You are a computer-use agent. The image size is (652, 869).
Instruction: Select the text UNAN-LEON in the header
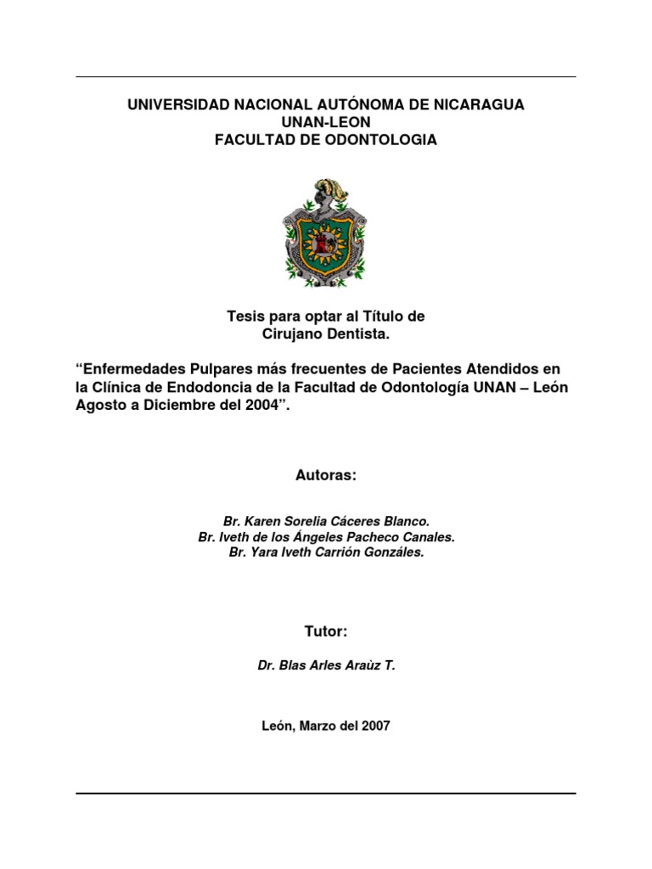click(325, 122)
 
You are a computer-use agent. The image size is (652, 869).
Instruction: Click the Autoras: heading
click(326, 476)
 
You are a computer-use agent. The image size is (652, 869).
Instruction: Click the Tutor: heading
click(326, 631)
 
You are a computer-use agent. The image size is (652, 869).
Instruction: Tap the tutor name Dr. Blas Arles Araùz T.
click(326, 666)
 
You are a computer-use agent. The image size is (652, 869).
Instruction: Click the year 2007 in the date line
click(374, 726)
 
